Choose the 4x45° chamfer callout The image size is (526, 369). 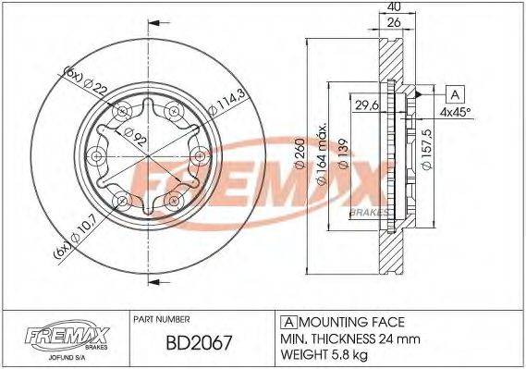[454, 113]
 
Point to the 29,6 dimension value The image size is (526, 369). [368, 105]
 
